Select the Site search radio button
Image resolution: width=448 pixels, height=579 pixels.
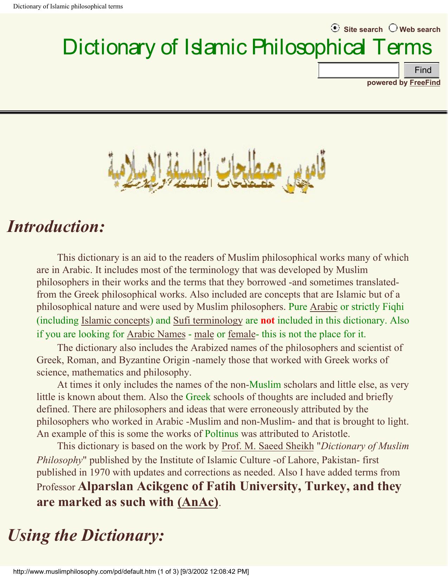click(335, 28)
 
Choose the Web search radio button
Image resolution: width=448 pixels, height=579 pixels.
click(393, 28)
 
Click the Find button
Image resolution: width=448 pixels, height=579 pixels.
click(422, 70)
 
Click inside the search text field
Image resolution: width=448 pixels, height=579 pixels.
click(358, 70)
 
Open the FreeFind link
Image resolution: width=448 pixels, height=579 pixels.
click(425, 82)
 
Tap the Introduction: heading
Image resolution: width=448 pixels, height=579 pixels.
click(56, 226)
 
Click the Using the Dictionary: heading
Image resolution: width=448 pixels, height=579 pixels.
click(86, 535)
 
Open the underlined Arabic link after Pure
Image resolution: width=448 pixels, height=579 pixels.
click(323, 307)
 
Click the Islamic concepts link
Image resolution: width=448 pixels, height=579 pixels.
click(115, 320)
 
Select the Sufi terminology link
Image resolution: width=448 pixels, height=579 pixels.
click(208, 320)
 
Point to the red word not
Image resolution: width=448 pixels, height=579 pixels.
click(267, 320)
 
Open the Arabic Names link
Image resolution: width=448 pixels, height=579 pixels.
click(156, 334)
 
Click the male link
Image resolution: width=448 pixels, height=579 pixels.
click(204, 334)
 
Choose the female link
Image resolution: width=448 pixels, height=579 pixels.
click(241, 334)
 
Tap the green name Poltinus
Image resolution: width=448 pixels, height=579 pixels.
click(221, 434)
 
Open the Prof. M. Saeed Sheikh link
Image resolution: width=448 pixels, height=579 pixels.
click(267, 446)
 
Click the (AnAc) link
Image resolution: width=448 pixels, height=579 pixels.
click(198, 502)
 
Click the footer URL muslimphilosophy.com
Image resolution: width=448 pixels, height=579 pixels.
click(84, 572)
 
